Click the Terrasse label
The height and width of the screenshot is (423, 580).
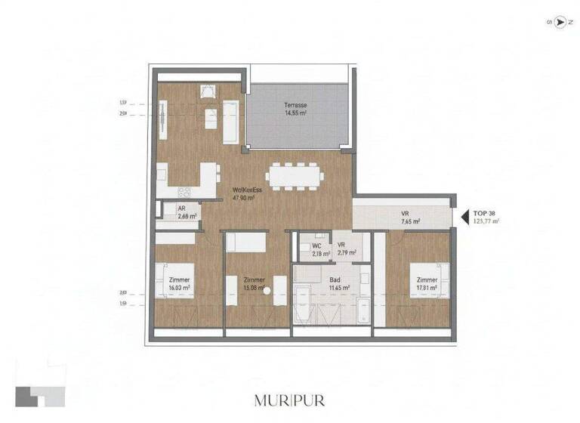pos(295,109)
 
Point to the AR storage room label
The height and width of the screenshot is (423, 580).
pos(182,212)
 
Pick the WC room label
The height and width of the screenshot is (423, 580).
pos(318,249)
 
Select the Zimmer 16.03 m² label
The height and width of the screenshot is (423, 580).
pos(180,284)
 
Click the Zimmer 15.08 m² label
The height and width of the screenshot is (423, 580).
pos(249,284)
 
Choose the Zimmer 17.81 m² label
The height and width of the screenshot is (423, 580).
pos(427,284)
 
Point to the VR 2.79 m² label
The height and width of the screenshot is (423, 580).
pos(342,249)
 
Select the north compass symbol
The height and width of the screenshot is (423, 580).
pos(560,23)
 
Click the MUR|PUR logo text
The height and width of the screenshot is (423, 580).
pos(291,400)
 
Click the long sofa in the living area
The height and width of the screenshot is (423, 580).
pos(230,122)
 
